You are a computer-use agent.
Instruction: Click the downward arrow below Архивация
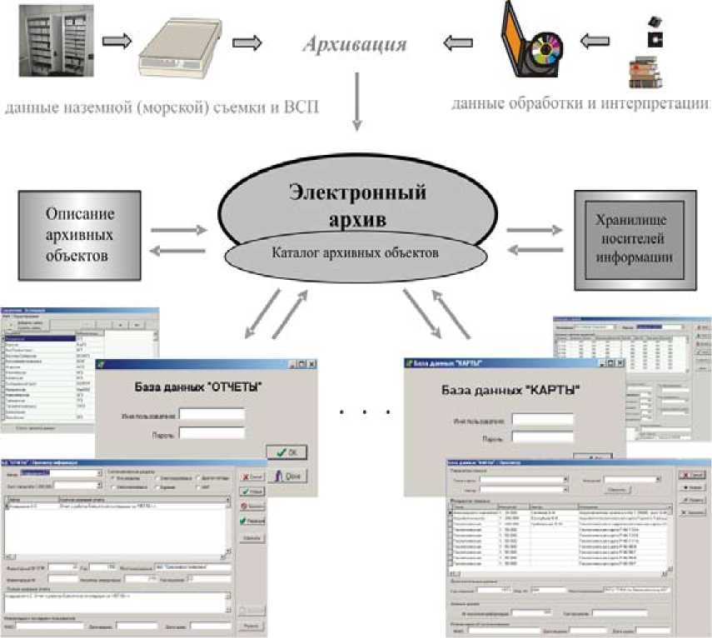(357, 99)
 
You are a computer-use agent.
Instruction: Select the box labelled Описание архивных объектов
(76, 224)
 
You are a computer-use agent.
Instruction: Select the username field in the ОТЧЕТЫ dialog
(212, 413)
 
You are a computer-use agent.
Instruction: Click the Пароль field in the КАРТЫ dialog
(543, 436)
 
